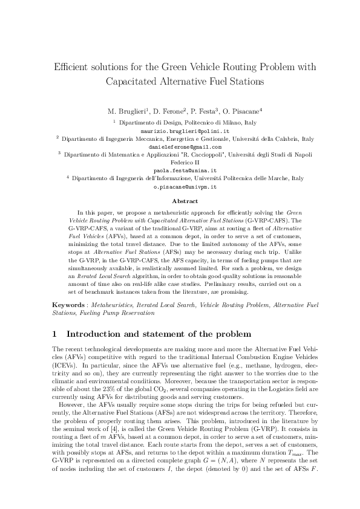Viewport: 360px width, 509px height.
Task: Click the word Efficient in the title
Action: click(x=72, y=66)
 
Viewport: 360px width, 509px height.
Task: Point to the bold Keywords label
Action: click(x=68, y=306)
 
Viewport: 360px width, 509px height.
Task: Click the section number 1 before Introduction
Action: click(x=55, y=334)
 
